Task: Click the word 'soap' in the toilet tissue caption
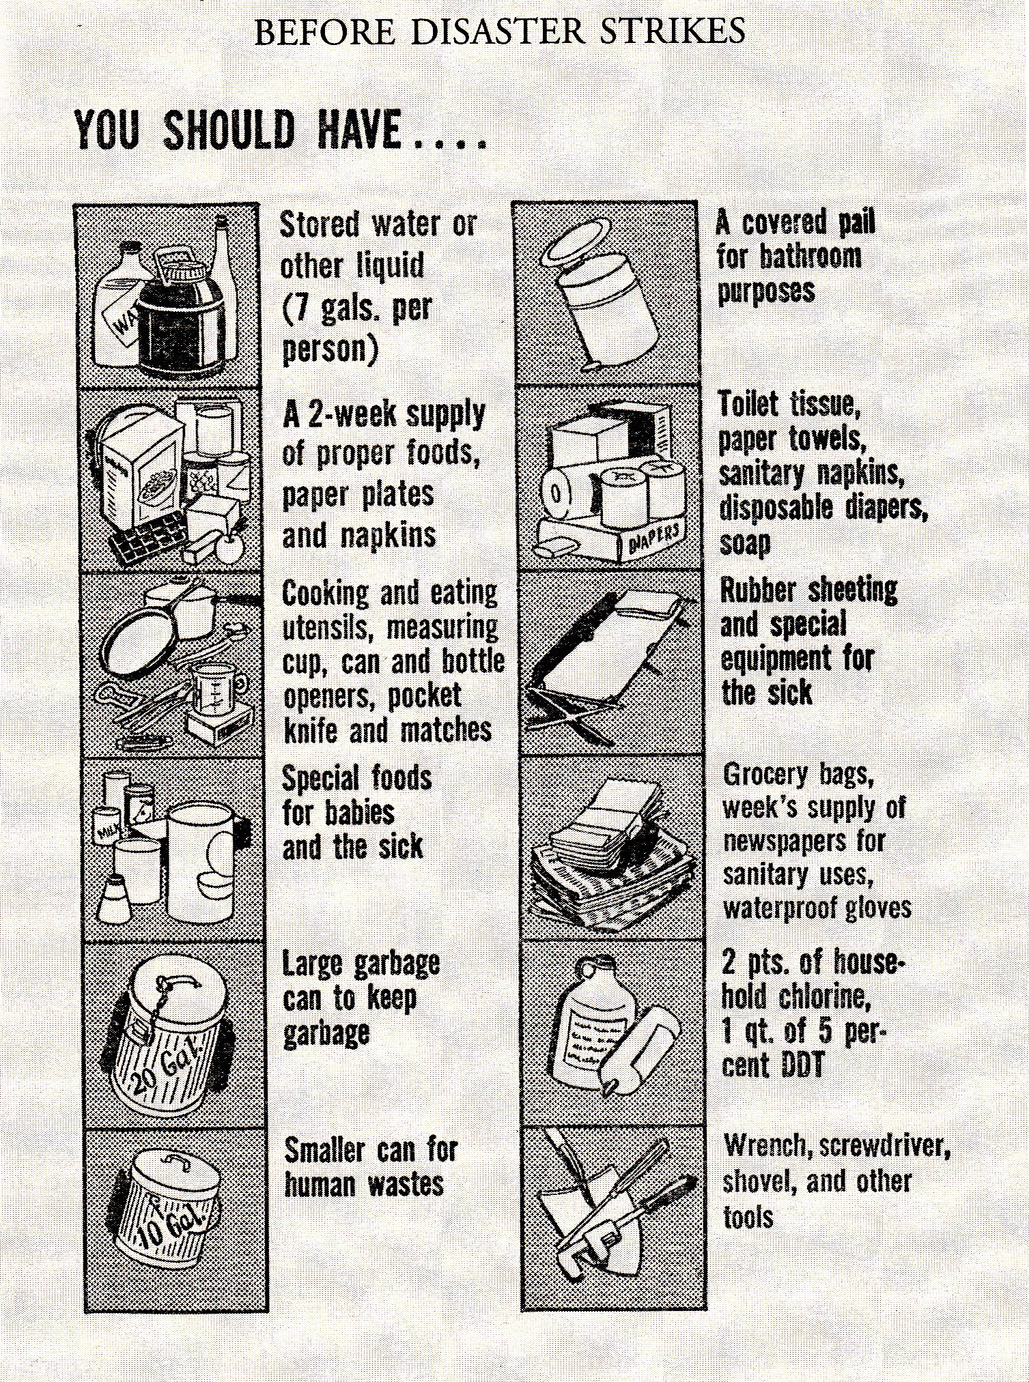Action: coord(745,543)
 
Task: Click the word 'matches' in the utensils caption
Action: coord(445,730)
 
